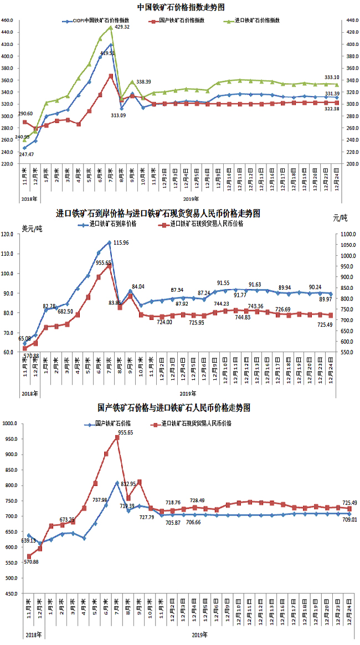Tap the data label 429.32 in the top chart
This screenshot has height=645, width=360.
pyautogui.click(x=120, y=27)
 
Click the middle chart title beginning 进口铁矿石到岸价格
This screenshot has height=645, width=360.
pyautogui.click(x=158, y=213)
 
